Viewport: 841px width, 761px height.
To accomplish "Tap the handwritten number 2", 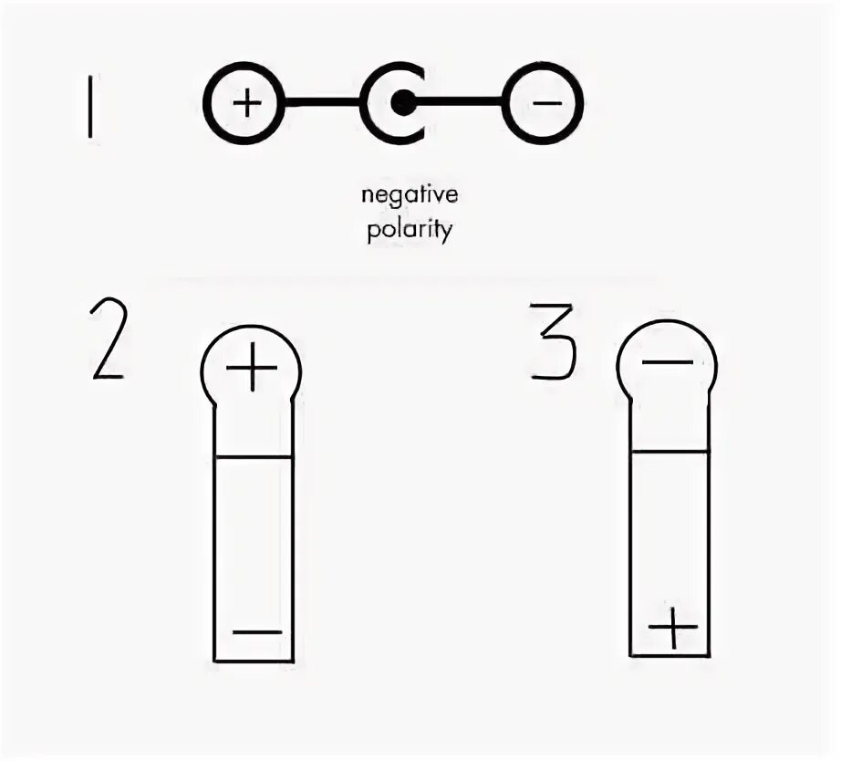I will (108, 341).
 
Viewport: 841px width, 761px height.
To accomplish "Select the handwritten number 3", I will (551, 342).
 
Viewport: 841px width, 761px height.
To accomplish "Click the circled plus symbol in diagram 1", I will (244, 103).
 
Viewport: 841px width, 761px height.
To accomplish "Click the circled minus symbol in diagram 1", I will (545, 103).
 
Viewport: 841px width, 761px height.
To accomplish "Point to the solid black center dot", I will (402, 103).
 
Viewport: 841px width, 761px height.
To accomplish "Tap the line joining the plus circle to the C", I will (321, 103).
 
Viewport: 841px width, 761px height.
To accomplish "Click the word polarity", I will (410, 229).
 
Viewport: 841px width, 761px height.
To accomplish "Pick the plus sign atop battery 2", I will (251, 370).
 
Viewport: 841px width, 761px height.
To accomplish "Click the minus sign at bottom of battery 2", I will (256, 631).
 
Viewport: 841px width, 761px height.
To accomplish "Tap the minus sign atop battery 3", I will (667, 362).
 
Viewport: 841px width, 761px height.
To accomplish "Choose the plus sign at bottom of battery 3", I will (672, 627).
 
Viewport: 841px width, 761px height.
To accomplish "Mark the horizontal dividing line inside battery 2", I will (254, 456).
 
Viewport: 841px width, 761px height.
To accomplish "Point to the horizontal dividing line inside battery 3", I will (670, 451).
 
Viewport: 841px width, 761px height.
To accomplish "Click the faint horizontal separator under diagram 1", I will (410, 277).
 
